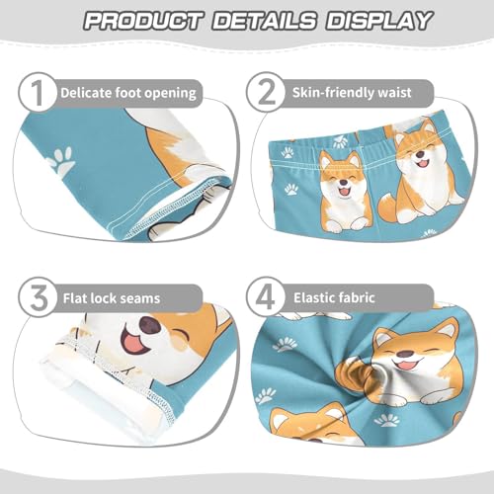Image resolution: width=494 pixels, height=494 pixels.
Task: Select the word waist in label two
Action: coord(418,93)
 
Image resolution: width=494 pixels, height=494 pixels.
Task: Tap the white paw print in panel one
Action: coord(61,161)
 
